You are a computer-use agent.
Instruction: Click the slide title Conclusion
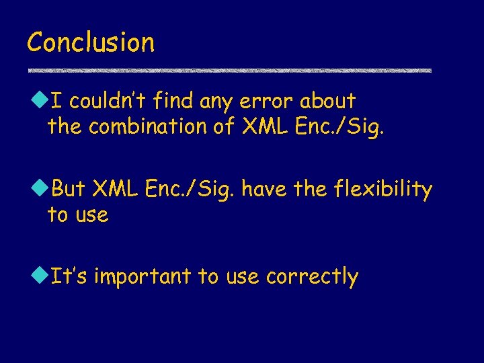(91, 42)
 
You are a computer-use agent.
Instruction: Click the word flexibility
(382, 190)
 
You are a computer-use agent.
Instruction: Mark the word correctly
(312, 277)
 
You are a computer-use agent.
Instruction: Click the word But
(68, 190)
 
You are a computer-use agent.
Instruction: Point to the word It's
(70, 276)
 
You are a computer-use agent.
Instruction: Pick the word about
(327, 102)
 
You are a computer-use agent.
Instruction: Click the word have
(265, 190)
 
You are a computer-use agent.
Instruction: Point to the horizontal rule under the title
(229, 70)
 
